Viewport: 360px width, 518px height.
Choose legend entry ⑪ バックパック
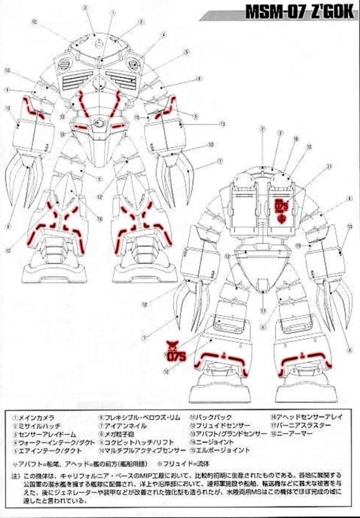(x=210, y=417)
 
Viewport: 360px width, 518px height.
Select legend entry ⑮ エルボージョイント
(x=218, y=449)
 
